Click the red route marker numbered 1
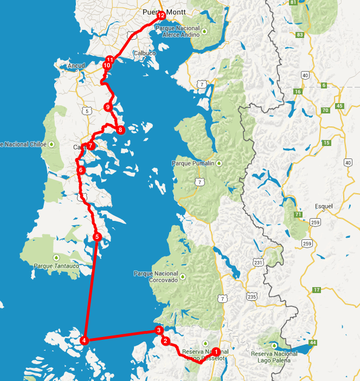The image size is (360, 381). [x=215, y=351]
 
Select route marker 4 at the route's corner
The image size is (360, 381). [x=84, y=340]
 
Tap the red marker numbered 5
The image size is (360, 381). [x=97, y=237]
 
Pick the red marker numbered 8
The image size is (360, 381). [x=120, y=130]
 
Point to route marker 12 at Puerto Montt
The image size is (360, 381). [x=161, y=16]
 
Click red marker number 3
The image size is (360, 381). [x=159, y=330]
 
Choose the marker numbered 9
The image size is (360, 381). [x=108, y=107]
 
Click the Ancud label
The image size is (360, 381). [x=76, y=66]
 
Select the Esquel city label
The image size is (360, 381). [x=324, y=206]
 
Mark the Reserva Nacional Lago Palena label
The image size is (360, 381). [x=278, y=357]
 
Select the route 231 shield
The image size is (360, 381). [x=258, y=263]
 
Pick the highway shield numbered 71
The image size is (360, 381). [x=298, y=215]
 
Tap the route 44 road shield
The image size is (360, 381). [x=313, y=342]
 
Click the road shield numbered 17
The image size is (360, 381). [x=316, y=290]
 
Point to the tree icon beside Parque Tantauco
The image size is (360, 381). [x=55, y=257]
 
